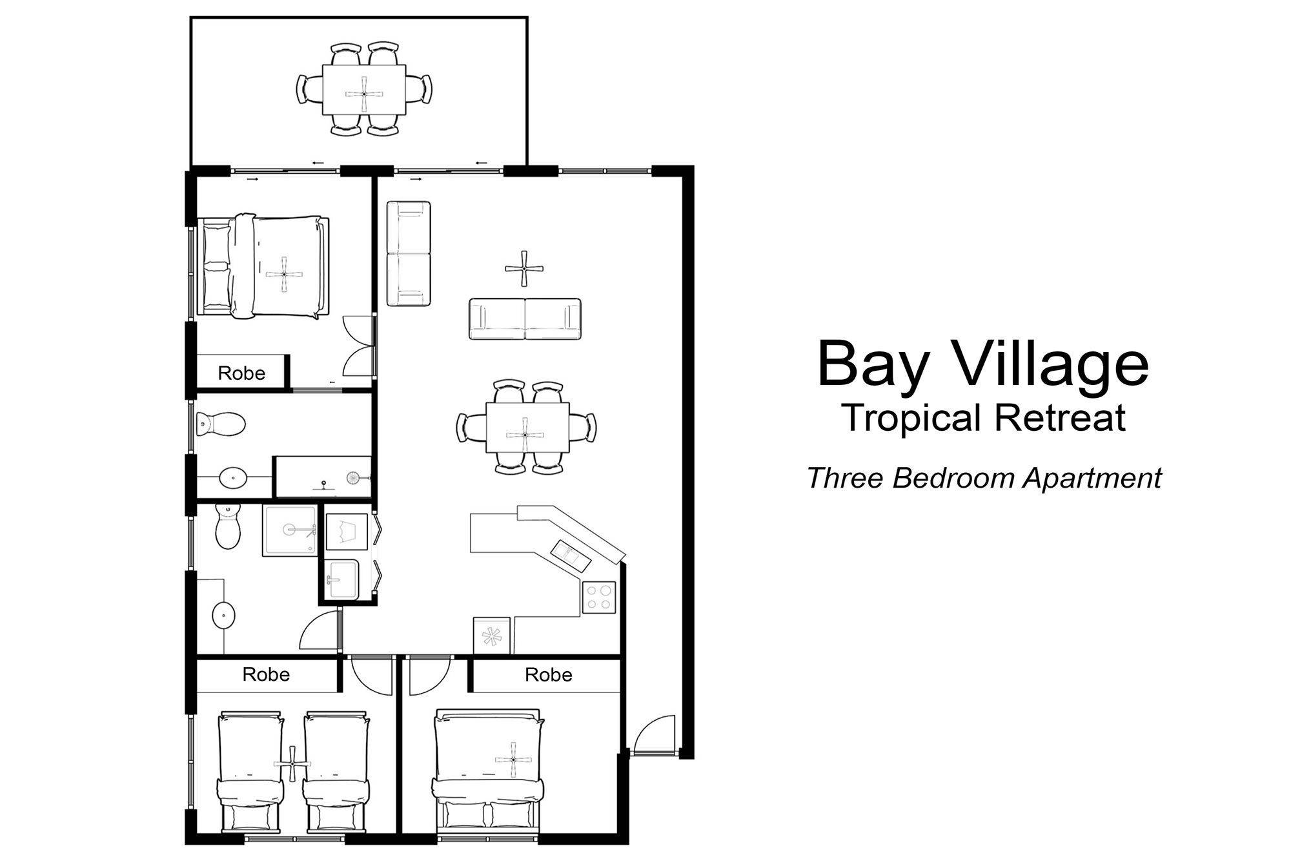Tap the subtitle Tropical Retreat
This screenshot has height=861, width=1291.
click(x=984, y=417)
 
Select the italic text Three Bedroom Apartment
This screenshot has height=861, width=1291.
click(x=984, y=479)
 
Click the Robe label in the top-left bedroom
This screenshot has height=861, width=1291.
click(x=241, y=373)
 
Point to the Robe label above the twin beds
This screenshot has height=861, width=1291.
click(x=266, y=674)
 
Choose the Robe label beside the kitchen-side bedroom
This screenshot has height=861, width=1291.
click(x=549, y=675)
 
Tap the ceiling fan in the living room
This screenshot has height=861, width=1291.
click(x=524, y=269)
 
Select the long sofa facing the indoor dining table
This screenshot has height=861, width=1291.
click(x=525, y=319)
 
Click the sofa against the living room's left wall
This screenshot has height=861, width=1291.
click(x=409, y=253)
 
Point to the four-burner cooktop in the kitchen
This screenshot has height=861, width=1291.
click(x=599, y=597)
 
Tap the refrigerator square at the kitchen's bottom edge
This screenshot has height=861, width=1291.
click(x=492, y=636)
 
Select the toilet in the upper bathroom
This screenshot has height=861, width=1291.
click(x=220, y=424)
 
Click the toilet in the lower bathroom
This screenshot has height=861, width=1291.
click(x=227, y=526)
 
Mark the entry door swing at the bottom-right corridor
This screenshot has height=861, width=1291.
click(x=653, y=734)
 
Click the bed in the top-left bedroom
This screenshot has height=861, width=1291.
click(x=264, y=266)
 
